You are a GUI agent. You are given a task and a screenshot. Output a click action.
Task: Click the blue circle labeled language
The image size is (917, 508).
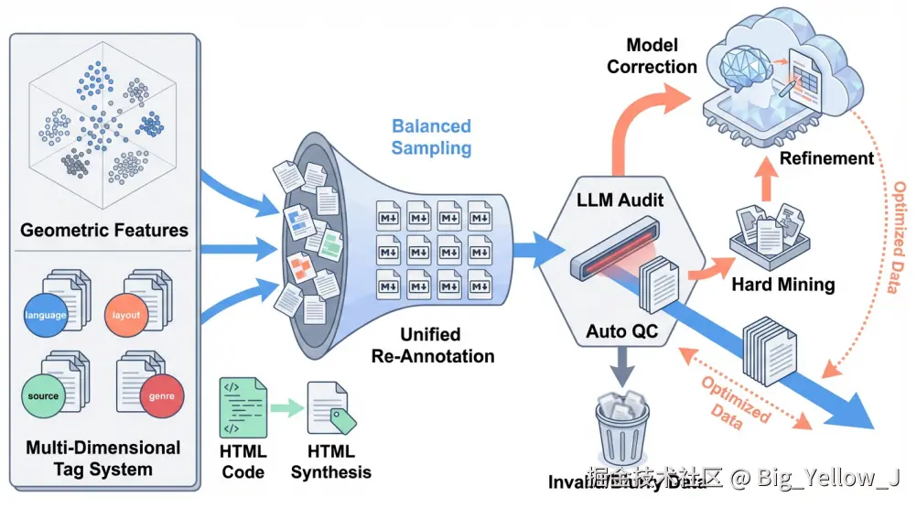(46, 315)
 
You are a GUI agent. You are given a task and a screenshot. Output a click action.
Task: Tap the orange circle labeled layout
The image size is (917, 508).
(126, 315)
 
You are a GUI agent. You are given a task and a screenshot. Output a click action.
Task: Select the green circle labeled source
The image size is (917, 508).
(43, 396)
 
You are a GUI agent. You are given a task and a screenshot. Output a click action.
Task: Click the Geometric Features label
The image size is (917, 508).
(104, 230)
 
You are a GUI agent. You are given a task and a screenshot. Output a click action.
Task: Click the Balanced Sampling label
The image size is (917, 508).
(431, 136)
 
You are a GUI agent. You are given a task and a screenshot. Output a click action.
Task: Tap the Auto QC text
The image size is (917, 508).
(623, 332)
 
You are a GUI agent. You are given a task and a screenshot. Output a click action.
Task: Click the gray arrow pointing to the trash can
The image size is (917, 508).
(623, 371)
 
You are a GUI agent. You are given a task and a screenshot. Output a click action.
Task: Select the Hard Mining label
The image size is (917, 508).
(782, 284)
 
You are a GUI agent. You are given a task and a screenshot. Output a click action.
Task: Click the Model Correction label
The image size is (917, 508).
(652, 55)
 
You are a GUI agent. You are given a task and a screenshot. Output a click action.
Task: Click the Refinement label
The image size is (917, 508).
(826, 158)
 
